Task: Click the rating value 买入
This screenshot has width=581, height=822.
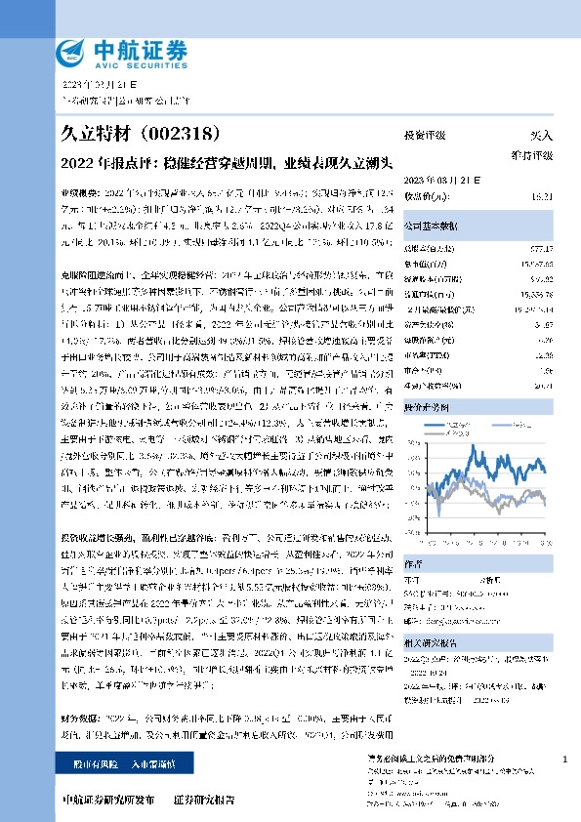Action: [x=542, y=136]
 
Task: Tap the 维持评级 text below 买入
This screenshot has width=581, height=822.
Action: [x=532, y=155]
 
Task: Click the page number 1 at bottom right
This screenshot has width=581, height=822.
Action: [x=565, y=759]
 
